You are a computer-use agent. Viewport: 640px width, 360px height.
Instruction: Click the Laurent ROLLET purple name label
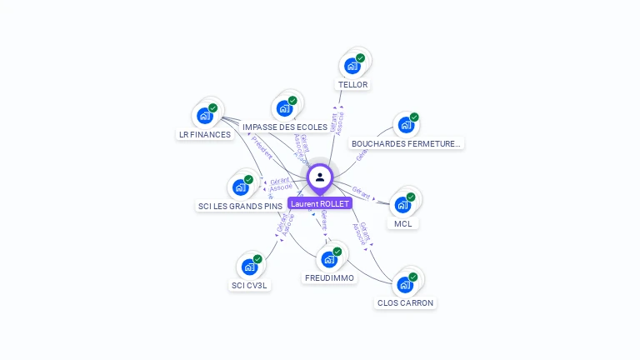point(320,203)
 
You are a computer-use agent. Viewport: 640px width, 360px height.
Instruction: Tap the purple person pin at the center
point(320,177)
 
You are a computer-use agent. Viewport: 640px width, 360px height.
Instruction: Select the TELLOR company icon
point(352,66)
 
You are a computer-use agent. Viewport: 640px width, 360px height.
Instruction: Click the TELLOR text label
point(352,85)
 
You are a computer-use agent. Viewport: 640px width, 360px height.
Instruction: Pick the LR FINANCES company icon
point(205,116)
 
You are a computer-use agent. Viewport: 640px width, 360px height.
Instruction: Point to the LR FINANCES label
point(205,134)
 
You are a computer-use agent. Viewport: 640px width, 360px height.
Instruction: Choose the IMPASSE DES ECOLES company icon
point(285,108)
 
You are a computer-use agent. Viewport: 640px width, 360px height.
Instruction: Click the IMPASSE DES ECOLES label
point(285,127)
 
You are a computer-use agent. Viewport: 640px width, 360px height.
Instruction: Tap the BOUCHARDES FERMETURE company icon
point(406,125)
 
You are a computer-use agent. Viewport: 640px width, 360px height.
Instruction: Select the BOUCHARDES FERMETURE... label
point(406,143)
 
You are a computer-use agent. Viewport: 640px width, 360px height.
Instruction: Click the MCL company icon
point(403,205)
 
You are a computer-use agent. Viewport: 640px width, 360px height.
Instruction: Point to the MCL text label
point(403,223)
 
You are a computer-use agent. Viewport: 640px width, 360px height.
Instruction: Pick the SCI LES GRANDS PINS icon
point(241,187)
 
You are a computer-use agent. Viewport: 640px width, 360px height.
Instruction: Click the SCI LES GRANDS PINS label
point(241,206)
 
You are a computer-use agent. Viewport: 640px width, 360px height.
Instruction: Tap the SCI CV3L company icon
point(250,267)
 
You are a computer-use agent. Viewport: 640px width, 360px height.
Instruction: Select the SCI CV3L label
point(250,285)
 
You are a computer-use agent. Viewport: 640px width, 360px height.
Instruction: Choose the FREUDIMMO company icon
point(329,259)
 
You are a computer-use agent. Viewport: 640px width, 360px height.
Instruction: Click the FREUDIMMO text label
point(329,277)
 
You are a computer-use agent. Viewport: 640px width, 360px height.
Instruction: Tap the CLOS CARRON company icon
point(405,284)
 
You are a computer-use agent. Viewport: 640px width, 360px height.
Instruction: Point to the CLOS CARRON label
point(405,303)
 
